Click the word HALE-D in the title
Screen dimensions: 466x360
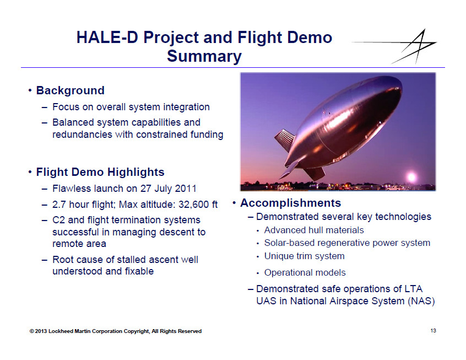[107, 37]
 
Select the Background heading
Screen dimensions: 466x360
[70, 90]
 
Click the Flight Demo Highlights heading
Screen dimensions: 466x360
[100, 172]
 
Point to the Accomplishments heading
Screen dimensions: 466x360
[290, 203]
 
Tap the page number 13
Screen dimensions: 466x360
[433, 331]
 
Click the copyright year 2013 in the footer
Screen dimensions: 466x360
[41, 331]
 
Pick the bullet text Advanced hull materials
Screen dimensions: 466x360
[314, 230]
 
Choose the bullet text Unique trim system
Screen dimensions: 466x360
[304, 256]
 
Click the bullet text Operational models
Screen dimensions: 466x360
[305, 272]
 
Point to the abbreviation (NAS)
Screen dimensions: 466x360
[421, 301]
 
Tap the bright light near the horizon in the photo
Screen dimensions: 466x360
[411, 177]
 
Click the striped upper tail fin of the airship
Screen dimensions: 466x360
[284, 140]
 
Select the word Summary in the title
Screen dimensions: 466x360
[204, 56]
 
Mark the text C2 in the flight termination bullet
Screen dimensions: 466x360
[58, 220]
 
